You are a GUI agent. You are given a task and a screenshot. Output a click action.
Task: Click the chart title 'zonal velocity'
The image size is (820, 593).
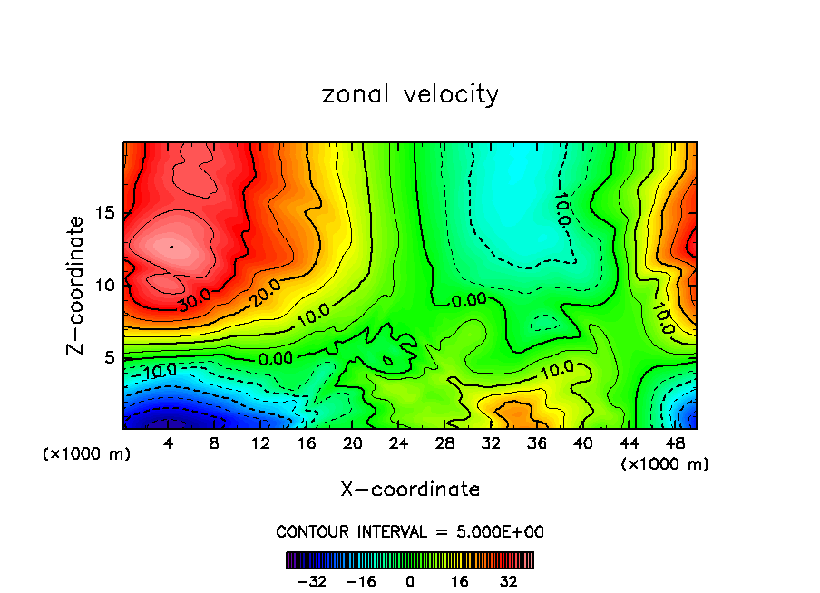pos(410,94)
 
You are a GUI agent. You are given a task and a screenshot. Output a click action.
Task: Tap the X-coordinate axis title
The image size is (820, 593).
pos(410,490)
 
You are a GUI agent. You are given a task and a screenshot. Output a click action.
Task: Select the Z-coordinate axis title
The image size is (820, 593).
pos(78,284)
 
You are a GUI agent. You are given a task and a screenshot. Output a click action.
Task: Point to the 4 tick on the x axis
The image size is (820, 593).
pos(169,444)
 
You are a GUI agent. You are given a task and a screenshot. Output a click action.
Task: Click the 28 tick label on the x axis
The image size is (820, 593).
pos(444,444)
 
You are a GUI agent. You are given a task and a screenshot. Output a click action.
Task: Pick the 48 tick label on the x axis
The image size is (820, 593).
pos(673,444)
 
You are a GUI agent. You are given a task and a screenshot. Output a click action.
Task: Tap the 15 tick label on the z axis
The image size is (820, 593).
pos(104,213)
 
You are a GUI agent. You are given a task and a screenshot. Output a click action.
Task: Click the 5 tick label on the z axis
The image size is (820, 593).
pos(108,357)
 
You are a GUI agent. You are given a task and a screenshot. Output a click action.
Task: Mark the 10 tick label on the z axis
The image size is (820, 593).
pos(104,285)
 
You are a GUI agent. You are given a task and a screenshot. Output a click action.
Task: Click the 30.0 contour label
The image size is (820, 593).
pos(193,302)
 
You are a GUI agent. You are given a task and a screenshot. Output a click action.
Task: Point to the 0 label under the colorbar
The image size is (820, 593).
pos(410,580)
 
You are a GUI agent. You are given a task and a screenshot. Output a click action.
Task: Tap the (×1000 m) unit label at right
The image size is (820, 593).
pos(664,464)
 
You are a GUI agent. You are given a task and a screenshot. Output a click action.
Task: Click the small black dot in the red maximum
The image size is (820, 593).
pos(171,246)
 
